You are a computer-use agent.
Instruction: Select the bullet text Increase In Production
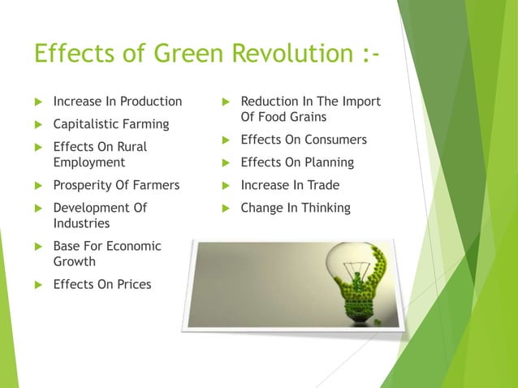pyautogui.click(x=118, y=101)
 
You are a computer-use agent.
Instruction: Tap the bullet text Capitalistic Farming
pyautogui.click(x=111, y=124)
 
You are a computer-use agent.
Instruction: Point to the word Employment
pyautogui.click(x=89, y=162)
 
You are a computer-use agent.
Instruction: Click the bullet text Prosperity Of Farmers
pyautogui.click(x=116, y=185)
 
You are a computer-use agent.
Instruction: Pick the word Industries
pyautogui.click(x=81, y=223)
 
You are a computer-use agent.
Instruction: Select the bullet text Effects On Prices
pyautogui.click(x=102, y=284)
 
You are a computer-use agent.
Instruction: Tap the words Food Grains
pyautogui.click(x=279, y=117)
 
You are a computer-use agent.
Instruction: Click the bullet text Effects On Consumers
pyautogui.click(x=304, y=140)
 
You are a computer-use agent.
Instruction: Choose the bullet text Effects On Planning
pyautogui.click(x=297, y=162)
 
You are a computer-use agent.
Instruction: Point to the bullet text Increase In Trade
pyautogui.click(x=290, y=185)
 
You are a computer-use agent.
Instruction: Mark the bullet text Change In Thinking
pyautogui.click(x=296, y=208)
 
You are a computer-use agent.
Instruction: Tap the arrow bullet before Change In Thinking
pyautogui.click(x=226, y=209)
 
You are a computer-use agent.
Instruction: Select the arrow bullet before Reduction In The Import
pyautogui.click(x=226, y=102)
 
